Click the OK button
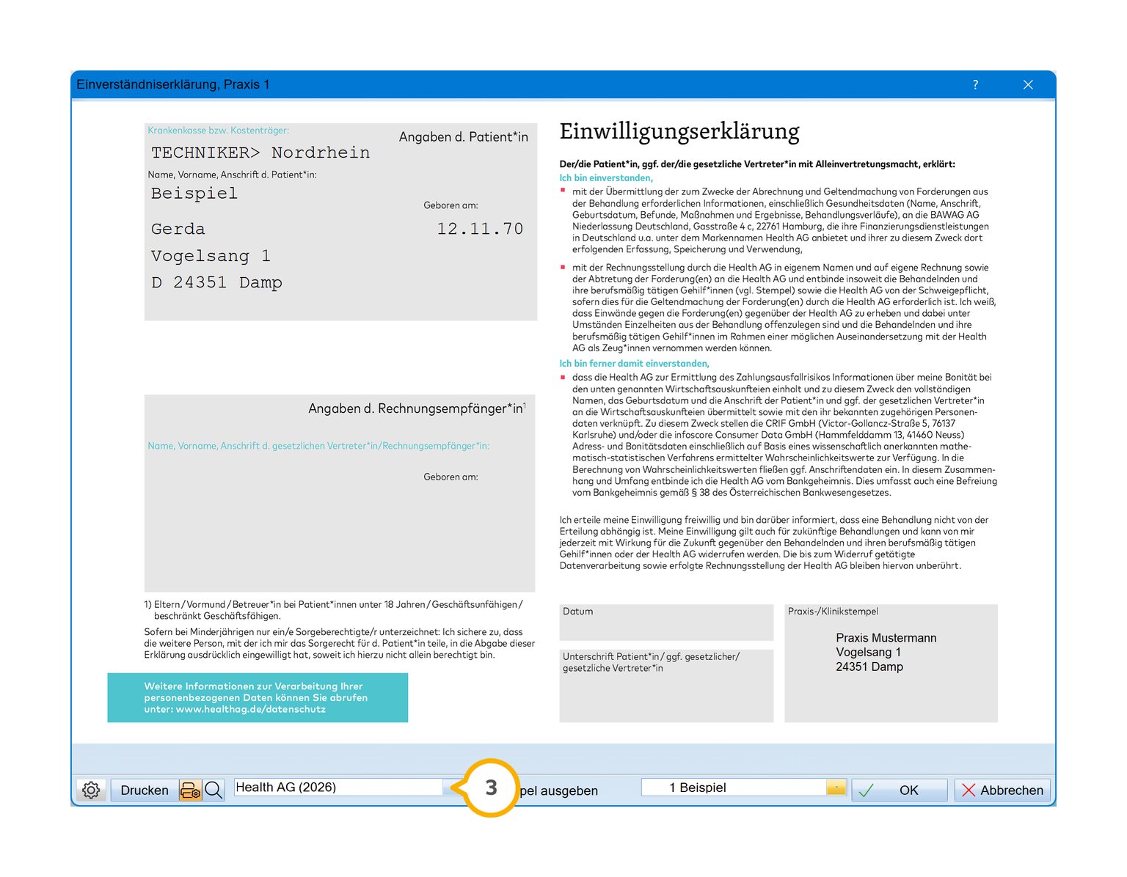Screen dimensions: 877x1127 point(899,790)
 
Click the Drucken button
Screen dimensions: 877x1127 point(145,790)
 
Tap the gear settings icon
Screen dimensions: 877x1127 point(91,790)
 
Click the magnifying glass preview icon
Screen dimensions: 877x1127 point(214,790)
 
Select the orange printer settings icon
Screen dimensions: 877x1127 point(191,790)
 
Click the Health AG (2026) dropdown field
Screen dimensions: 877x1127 point(338,788)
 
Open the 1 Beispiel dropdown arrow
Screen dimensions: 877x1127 point(836,788)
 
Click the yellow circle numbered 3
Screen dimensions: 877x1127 point(491,788)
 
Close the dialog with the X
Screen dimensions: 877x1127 point(1028,85)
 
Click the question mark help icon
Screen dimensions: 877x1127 point(975,85)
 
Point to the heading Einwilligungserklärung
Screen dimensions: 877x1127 point(679,131)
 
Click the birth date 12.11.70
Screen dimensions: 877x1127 point(480,229)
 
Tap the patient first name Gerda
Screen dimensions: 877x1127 point(178,229)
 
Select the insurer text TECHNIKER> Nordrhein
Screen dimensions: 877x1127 point(260,153)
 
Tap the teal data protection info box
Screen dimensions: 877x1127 point(258,697)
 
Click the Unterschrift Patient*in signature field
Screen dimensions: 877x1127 point(666,689)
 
